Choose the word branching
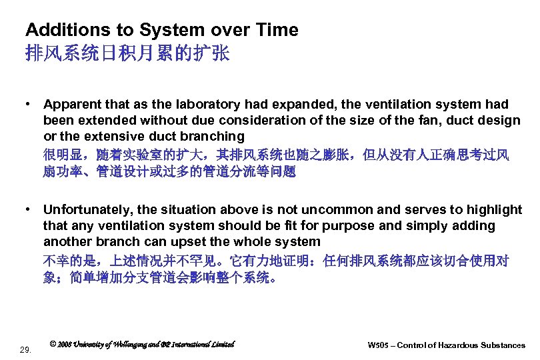213,137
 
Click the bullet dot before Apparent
29,105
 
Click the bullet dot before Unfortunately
29,210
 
